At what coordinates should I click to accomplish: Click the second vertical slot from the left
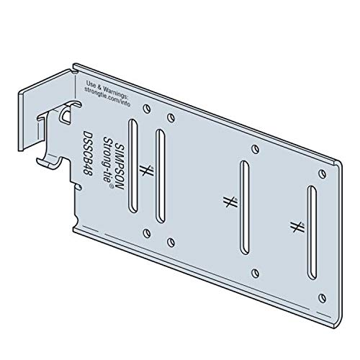point(160,172)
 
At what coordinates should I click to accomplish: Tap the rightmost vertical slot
point(311,230)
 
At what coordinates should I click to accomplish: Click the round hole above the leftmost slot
point(146,109)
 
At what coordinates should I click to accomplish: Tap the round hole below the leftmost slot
point(147,232)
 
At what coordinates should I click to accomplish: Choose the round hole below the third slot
point(253,272)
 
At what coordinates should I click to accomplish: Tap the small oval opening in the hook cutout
point(66,114)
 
